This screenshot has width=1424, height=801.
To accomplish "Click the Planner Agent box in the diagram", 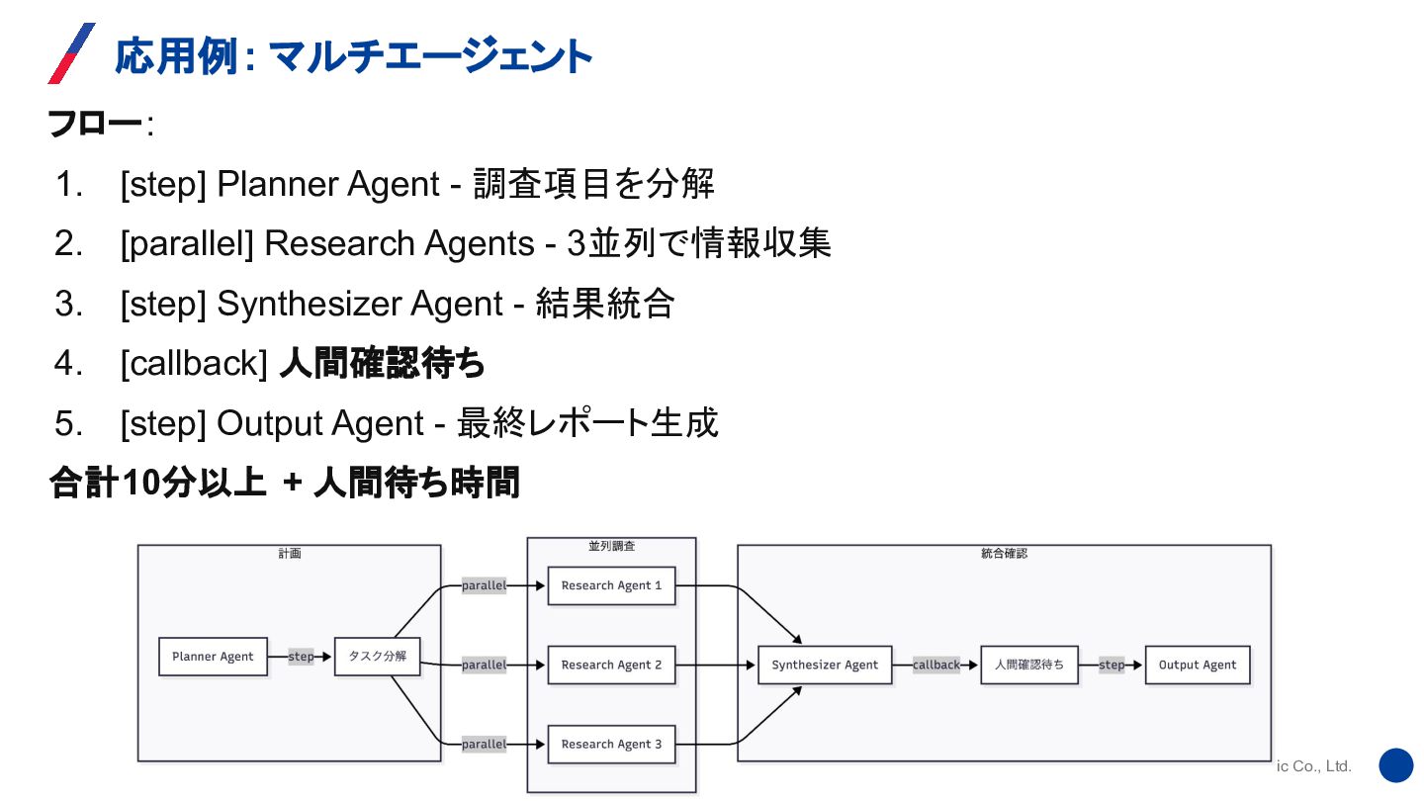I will [213, 657].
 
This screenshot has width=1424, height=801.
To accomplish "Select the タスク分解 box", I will [377, 657].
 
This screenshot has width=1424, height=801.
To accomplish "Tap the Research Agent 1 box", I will [611, 585].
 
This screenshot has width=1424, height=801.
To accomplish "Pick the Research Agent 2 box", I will [611, 665].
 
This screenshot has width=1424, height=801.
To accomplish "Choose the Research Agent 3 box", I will [611, 744].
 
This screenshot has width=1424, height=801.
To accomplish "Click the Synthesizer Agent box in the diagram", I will [825, 665].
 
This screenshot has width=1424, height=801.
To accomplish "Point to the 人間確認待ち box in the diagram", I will [1029, 665].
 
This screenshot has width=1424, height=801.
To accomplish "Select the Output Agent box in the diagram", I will [1198, 665].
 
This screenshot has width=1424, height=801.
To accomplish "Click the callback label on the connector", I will [936, 665].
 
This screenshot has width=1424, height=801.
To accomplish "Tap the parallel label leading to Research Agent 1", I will [484, 585].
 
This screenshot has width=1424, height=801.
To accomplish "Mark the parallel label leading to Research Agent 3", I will [484, 744].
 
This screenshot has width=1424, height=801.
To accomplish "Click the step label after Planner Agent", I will [301, 657].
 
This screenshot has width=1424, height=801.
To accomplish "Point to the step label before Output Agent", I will [1112, 665].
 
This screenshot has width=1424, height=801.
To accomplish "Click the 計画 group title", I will [289, 554].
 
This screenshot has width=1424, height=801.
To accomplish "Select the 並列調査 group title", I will [611, 546].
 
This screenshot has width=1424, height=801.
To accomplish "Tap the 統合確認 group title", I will [1004, 554].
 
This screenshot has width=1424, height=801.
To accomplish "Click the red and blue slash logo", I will [71, 53].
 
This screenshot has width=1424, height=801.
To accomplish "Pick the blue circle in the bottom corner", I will [1396, 765].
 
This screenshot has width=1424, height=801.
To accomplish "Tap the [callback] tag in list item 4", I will [194, 364].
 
